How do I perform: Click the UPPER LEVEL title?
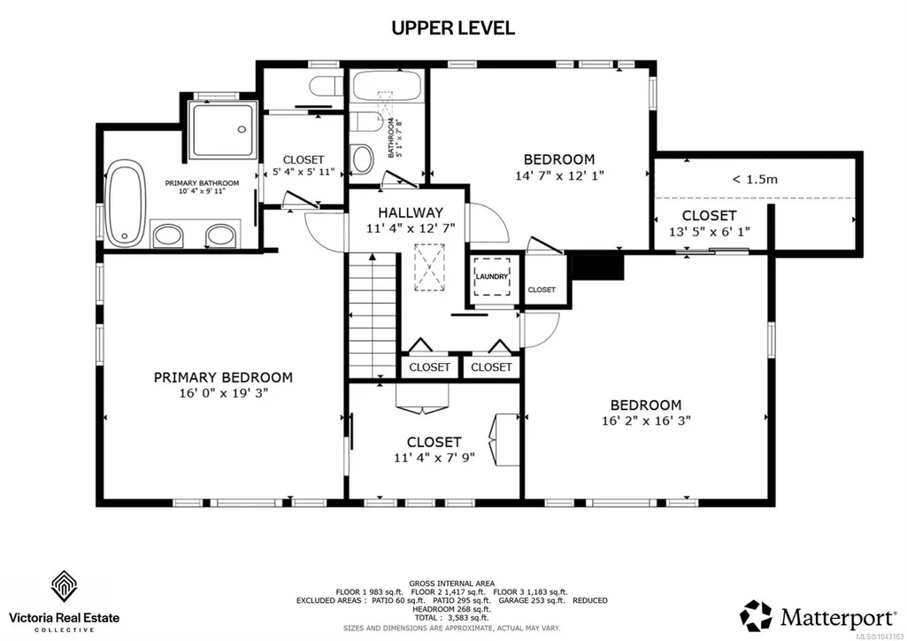point(453,27)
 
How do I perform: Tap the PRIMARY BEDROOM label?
point(223,378)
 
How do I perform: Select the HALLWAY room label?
point(411,212)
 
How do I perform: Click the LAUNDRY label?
point(492,276)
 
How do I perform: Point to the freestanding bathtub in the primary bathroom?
point(125,204)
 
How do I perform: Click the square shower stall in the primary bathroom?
point(223,130)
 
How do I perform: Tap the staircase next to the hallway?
point(373,316)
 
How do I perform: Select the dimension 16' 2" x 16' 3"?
point(646,421)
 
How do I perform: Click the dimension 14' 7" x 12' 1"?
point(559,174)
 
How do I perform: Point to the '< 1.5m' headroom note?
point(755,180)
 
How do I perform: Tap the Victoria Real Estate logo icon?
point(65,586)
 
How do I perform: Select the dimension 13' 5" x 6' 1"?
point(709,231)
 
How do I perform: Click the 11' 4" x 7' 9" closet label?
point(434,457)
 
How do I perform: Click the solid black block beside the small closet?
point(597,266)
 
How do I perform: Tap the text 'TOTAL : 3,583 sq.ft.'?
point(452,618)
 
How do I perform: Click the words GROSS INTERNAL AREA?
point(452,583)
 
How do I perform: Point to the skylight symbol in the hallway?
point(429,267)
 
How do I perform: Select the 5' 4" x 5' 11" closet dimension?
point(304,172)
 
